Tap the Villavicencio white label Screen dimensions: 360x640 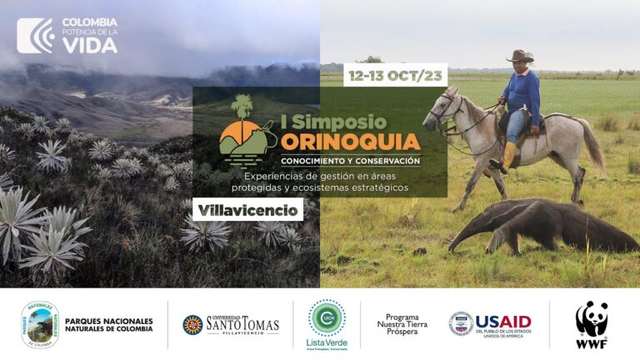coord(247,210)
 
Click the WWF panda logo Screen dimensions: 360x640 coord(591,323)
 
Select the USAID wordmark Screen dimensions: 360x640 coord(502,322)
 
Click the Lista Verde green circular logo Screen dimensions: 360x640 coord(327,317)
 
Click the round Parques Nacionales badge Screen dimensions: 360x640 coord(39,324)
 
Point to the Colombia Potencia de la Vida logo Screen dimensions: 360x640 coord(67,36)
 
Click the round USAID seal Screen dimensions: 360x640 coord(460,323)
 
